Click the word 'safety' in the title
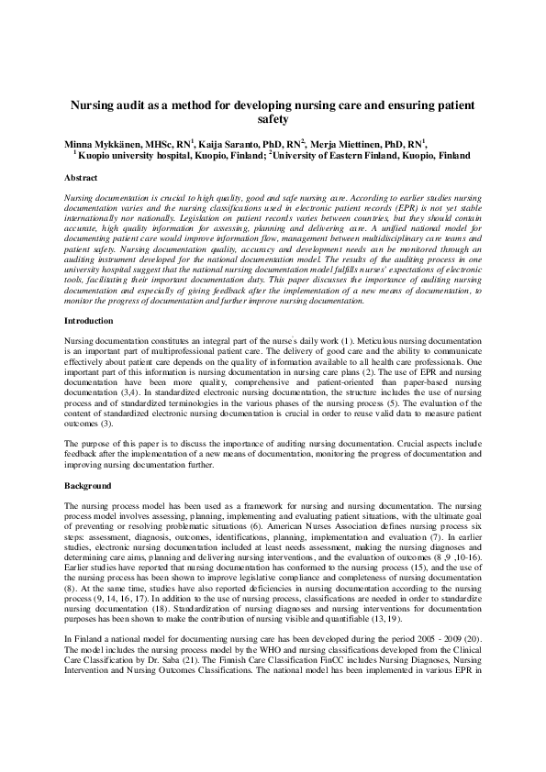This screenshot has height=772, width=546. coord(273,120)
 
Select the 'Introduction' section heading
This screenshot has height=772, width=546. coord(89,322)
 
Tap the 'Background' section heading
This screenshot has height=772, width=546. coord(88,485)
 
